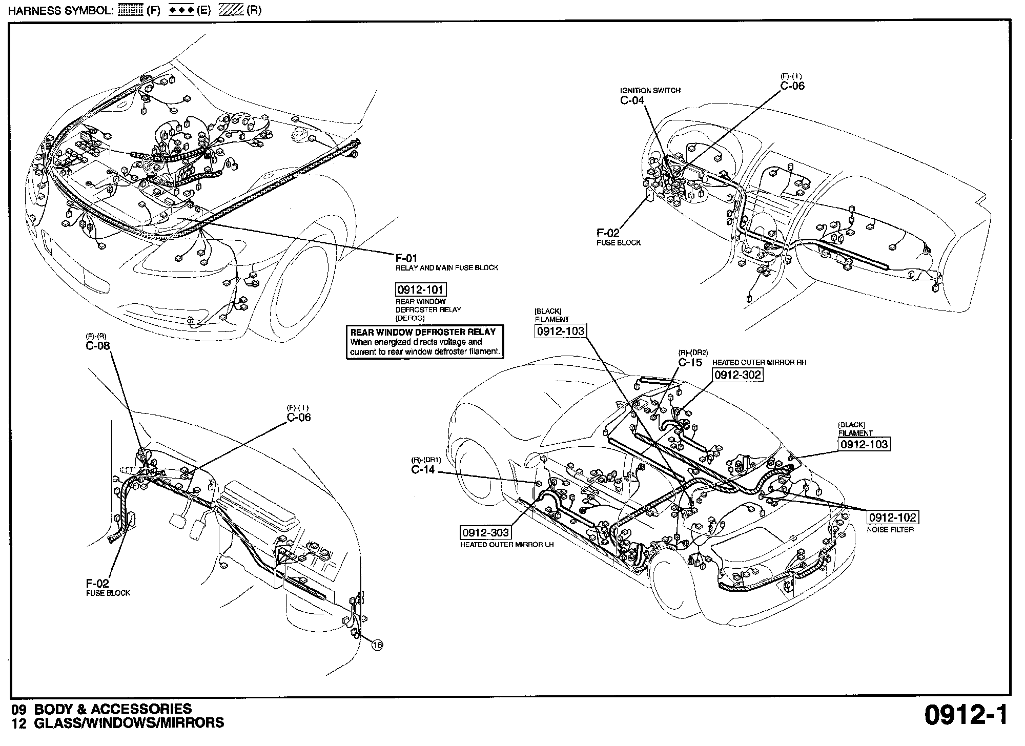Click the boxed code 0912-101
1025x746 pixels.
[x=420, y=289]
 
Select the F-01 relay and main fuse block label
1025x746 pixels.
[x=407, y=259]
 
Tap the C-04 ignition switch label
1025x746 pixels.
[x=632, y=100]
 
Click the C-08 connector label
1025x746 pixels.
[x=97, y=346]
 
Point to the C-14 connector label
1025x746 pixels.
[x=423, y=469]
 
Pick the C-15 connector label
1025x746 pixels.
[x=690, y=362]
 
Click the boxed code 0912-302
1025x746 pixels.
[x=738, y=375]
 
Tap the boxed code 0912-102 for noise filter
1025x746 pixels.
[x=892, y=518]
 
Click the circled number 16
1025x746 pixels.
[x=377, y=646]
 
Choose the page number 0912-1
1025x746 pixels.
[x=966, y=715]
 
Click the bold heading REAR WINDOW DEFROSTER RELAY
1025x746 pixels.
[x=423, y=331]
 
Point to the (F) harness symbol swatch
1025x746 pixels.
[x=130, y=11]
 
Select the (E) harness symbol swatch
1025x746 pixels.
[x=180, y=11]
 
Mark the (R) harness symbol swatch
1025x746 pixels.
[x=231, y=11]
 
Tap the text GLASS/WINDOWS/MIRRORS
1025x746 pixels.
[x=129, y=722]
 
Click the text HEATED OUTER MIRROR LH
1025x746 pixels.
[x=506, y=545]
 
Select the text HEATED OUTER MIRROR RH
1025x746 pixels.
[x=759, y=362]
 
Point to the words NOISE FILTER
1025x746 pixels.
[x=890, y=530]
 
